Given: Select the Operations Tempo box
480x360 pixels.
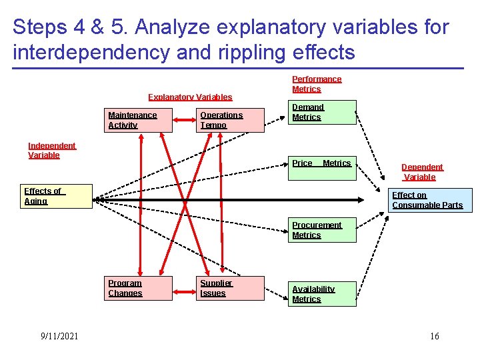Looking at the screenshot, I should [231, 120].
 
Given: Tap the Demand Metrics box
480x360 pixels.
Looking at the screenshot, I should [322, 112].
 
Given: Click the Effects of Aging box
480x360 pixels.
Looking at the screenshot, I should [57, 197].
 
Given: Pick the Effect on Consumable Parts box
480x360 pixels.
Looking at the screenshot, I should [430, 200].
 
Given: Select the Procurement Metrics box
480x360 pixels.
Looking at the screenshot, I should [322, 230].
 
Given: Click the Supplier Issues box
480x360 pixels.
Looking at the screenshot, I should [231, 288].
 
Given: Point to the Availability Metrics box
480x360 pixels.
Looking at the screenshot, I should [322, 294].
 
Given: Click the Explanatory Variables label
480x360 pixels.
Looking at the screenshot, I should [190, 97].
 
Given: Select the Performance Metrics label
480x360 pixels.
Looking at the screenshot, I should [317, 84].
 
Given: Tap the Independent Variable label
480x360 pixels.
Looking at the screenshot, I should [52, 151].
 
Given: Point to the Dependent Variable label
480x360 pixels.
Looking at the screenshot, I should [422, 172].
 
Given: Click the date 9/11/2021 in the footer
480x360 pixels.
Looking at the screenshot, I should [59, 336].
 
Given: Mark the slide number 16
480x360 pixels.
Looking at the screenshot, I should [435, 336].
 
